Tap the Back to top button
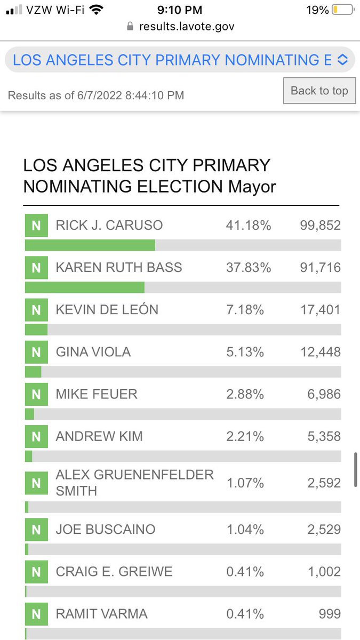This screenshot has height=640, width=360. [x=319, y=91]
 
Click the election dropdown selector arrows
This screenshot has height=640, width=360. [x=342, y=60]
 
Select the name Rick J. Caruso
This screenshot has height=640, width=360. [x=109, y=225]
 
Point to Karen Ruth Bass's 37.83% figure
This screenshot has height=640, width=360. [x=249, y=267]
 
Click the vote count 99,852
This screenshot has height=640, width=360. [x=320, y=225]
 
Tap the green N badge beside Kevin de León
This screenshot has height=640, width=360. [x=36, y=310]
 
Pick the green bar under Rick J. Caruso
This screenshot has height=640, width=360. [x=90, y=245]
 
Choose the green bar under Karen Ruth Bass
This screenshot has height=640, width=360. [x=84, y=287]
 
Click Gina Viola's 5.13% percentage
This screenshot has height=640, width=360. [x=245, y=352]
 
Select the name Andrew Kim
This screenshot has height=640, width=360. [x=99, y=436]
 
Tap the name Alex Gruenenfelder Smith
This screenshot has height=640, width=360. [x=134, y=482]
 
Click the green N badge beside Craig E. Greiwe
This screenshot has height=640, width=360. [x=36, y=572]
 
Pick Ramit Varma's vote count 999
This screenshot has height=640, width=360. [x=330, y=614]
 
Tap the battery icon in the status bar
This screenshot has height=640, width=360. [x=342, y=10]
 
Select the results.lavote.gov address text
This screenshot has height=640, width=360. [x=187, y=26]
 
